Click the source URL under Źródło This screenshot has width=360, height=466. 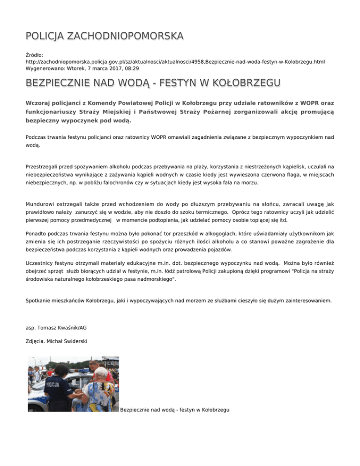coord(175,61)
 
